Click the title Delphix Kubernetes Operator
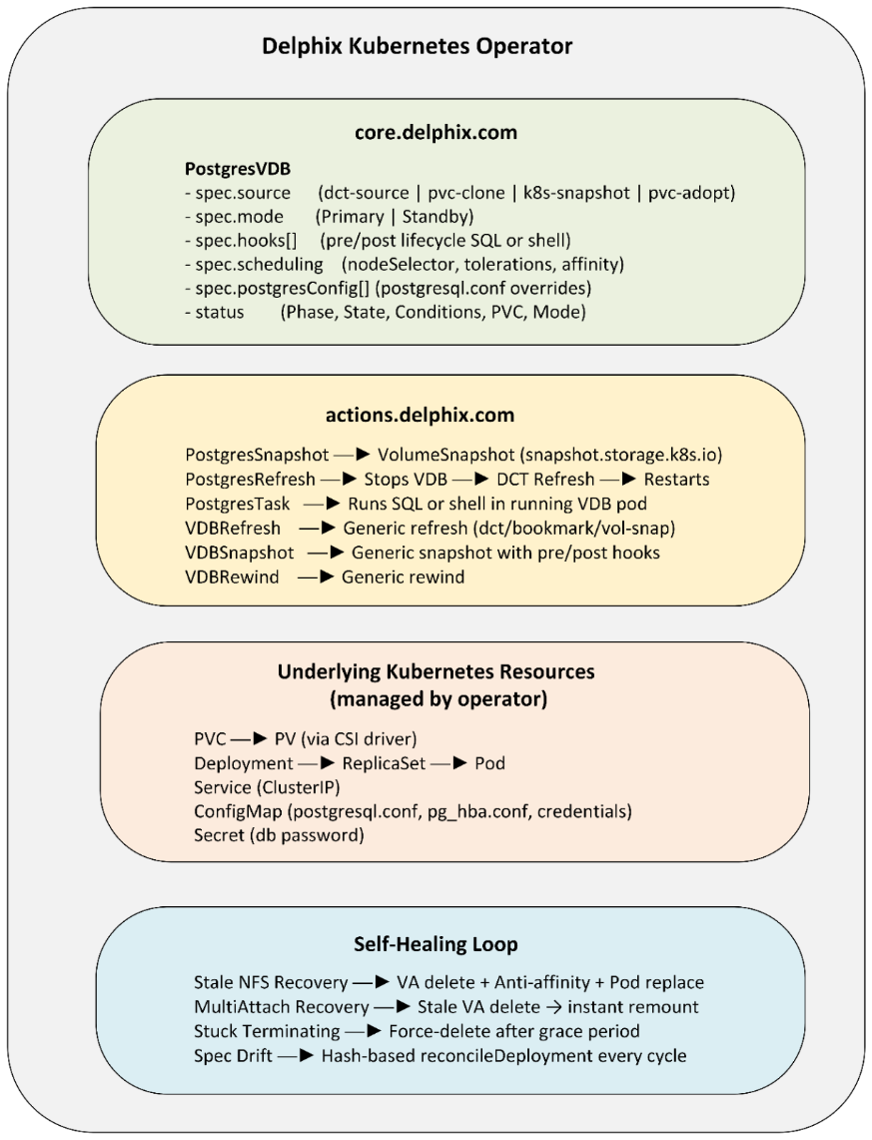pos(417,47)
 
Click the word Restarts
pos(672,480)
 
